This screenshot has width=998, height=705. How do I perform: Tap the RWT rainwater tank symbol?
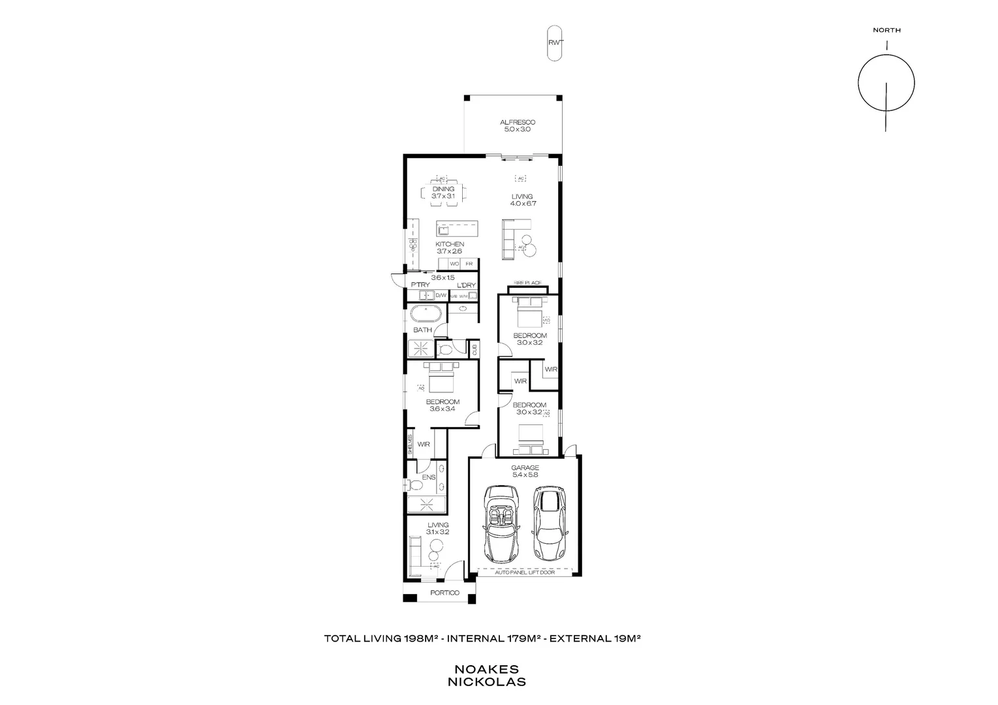(x=554, y=43)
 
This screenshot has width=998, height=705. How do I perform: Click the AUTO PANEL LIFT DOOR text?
(x=524, y=572)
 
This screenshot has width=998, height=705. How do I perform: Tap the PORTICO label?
(x=444, y=593)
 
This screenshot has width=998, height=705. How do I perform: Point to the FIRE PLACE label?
(x=527, y=283)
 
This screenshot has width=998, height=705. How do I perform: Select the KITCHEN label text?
(x=450, y=244)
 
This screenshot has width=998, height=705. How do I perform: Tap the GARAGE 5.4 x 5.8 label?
(x=525, y=471)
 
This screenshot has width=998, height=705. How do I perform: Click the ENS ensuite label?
(x=428, y=477)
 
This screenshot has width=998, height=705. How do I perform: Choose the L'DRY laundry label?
(x=465, y=285)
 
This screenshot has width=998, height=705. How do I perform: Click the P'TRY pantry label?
(x=420, y=285)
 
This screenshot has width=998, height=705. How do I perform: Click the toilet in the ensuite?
(x=413, y=485)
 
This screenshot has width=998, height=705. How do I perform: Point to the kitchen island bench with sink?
(x=457, y=229)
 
